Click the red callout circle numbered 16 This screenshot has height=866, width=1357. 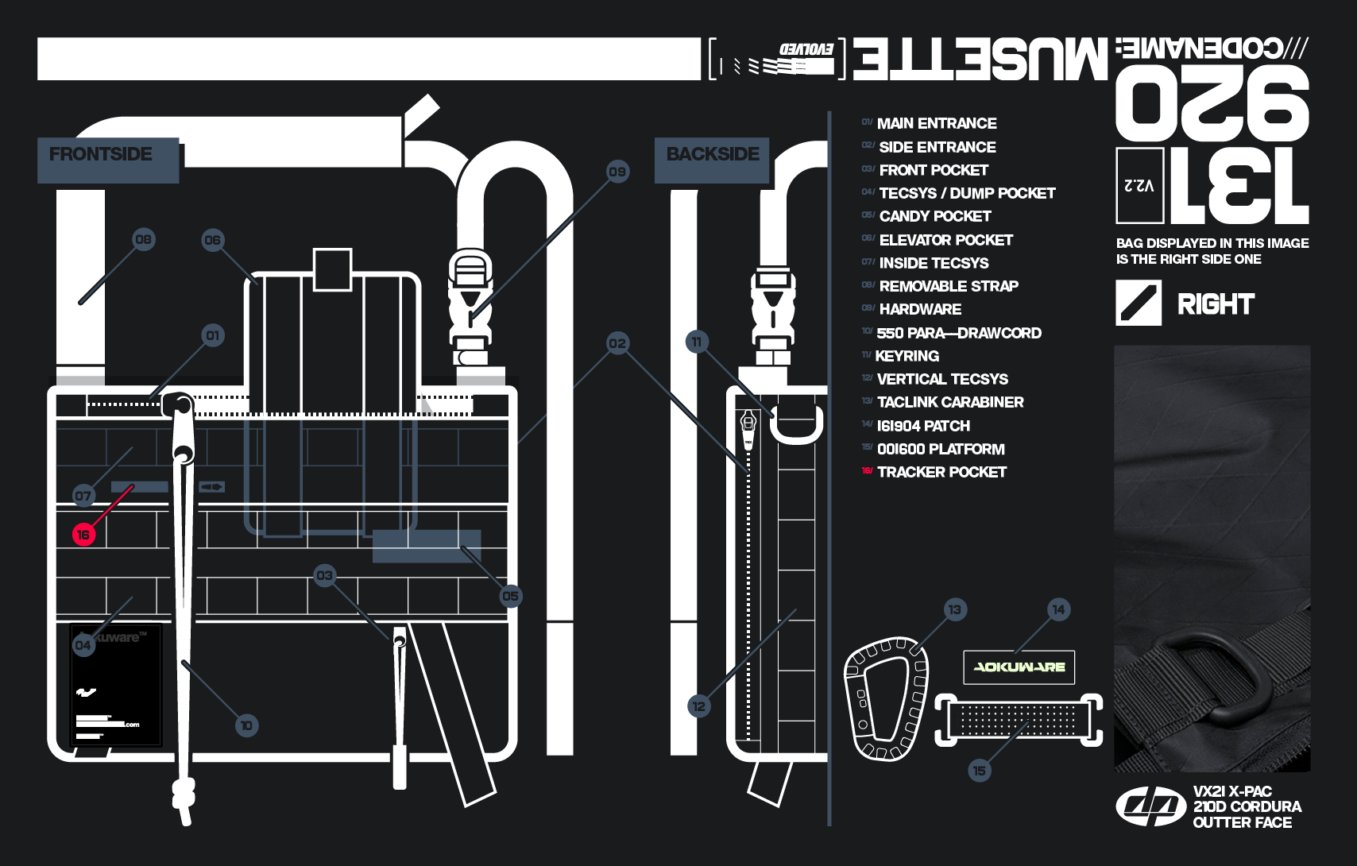pyautogui.click(x=83, y=535)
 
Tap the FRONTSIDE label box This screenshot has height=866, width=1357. pyautogui.click(x=108, y=160)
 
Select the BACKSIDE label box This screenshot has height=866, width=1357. pyautogui.click(x=712, y=160)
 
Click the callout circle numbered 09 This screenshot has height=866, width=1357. pyautogui.click(x=617, y=172)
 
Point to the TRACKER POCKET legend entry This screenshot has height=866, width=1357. pyautogui.click(x=941, y=472)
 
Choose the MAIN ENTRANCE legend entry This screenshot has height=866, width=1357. pyautogui.click(x=936, y=123)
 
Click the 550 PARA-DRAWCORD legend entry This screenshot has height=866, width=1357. pyautogui.click(x=958, y=333)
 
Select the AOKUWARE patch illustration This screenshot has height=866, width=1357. pyautogui.click(x=1019, y=667)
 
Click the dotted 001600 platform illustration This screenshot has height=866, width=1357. pyautogui.click(x=1019, y=720)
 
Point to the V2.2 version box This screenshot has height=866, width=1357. pyautogui.click(x=1139, y=185)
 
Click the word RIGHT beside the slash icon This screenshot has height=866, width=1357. pyautogui.click(x=1216, y=303)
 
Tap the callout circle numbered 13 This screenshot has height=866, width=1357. pyautogui.click(x=955, y=610)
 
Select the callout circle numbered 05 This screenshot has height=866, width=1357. pyautogui.click(x=511, y=596)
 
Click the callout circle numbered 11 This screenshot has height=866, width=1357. pyautogui.click(x=697, y=342)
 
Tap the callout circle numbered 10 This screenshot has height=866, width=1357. pyautogui.click(x=246, y=725)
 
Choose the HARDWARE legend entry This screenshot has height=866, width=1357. pyautogui.click(x=920, y=309)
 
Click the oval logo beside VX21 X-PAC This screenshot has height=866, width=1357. pyautogui.click(x=1150, y=806)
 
